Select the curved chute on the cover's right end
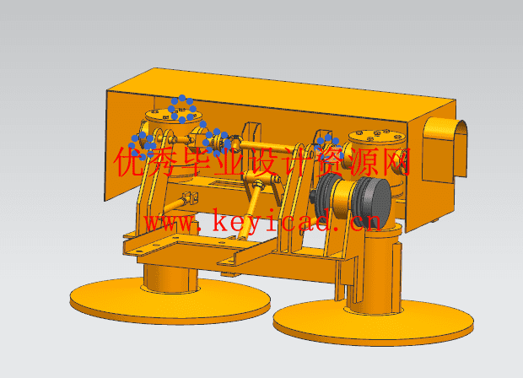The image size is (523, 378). click(x=445, y=149)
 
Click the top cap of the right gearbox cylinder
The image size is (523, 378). click(x=377, y=136)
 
